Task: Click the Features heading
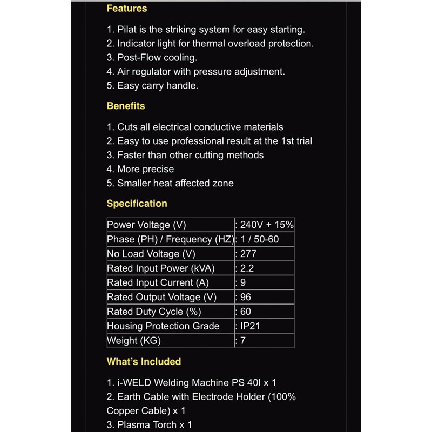pyautogui.click(x=126, y=9)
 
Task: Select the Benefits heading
pyautogui.click(x=126, y=106)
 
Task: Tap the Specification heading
pyautogui.click(x=137, y=204)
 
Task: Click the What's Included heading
pyautogui.click(x=144, y=362)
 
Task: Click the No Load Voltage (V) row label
pyautogui.click(x=151, y=254)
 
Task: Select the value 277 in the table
pyautogui.click(x=248, y=254)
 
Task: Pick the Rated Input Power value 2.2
pyautogui.click(x=246, y=268)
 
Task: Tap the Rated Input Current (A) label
pyautogui.click(x=158, y=282)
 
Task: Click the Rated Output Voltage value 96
pyautogui.click(x=245, y=297)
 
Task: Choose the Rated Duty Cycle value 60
pyautogui.click(x=245, y=312)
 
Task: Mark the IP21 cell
pyautogui.click(x=251, y=326)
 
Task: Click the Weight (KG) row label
pyautogui.click(x=134, y=341)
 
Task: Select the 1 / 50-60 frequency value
pyautogui.click(x=259, y=239)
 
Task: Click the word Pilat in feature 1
pyautogui.click(x=127, y=30)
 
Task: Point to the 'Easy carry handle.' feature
pyautogui.click(x=158, y=86)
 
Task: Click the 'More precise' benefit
pyautogui.click(x=145, y=169)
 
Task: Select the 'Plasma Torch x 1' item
pyautogui.click(x=154, y=425)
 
